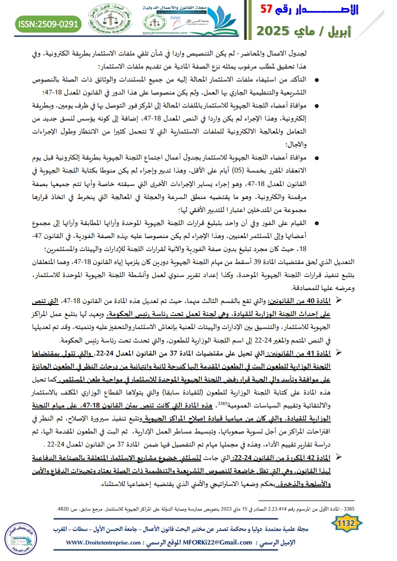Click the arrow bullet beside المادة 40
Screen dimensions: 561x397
pos(337,298)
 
